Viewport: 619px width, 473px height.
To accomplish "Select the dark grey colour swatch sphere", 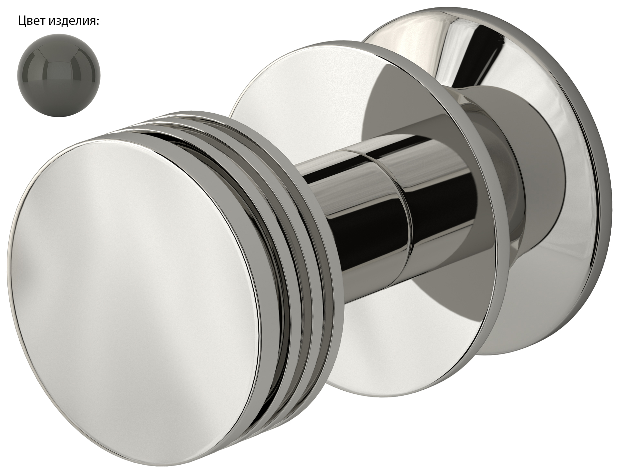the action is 59,74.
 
